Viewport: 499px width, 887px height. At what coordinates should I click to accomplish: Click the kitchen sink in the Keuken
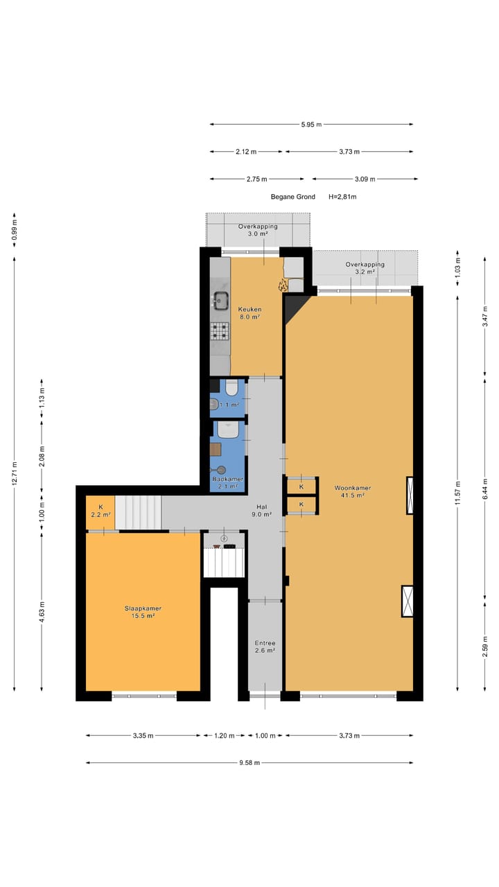(221, 300)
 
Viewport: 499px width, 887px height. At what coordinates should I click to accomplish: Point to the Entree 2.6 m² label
(265, 647)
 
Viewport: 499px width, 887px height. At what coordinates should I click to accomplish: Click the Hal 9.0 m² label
(261, 510)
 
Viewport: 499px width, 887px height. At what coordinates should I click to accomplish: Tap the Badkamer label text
(227, 479)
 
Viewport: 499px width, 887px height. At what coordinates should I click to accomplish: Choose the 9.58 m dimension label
(249, 763)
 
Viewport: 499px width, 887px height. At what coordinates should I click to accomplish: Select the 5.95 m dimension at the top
(311, 125)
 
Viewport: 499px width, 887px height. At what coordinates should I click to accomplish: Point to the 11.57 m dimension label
(457, 493)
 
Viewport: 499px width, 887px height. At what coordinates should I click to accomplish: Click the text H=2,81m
(342, 197)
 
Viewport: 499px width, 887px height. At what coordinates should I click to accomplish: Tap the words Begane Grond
(292, 197)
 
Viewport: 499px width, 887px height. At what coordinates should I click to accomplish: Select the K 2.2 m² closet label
(100, 511)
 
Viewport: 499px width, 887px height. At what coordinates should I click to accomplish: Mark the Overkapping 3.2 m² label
(365, 268)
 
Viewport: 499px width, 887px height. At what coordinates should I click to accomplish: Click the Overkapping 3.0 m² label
(258, 230)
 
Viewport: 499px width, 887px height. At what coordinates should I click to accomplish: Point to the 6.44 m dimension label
(484, 493)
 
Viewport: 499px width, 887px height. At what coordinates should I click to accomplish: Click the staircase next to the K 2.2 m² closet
(138, 511)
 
